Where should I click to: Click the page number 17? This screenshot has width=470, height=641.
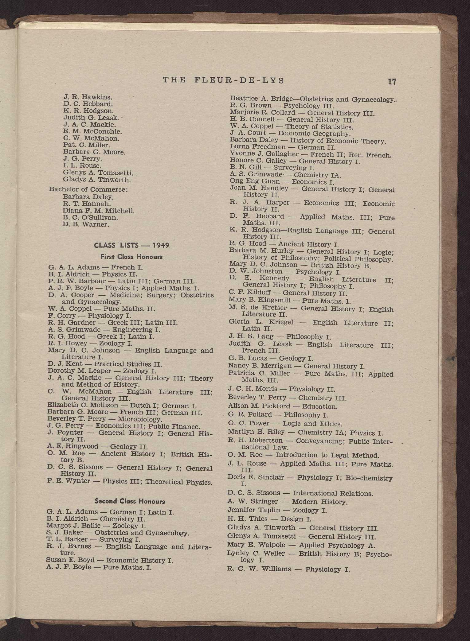coord(392,82)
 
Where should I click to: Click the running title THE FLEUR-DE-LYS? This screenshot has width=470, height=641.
coord(224,80)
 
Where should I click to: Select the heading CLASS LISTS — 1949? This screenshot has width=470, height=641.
coord(131,245)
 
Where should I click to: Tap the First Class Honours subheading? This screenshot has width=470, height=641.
coord(131,257)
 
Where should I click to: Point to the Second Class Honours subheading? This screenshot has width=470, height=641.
coord(130,501)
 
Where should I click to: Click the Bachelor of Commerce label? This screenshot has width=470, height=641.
coord(88,189)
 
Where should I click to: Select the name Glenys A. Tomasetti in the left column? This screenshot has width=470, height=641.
coord(98,173)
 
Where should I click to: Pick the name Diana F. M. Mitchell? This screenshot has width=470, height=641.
coord(98,211)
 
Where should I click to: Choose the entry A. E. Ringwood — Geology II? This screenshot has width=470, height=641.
coord(98,446)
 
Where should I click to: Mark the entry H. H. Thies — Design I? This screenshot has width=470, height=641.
coord(269,519)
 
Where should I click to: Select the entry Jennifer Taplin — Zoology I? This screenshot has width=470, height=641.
coord(277,510)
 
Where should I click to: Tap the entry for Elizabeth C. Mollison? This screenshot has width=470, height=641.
coord(122,406)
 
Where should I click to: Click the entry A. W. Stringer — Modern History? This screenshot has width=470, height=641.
coord(287,502)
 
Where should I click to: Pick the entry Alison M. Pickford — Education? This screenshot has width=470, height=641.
coord(282,406)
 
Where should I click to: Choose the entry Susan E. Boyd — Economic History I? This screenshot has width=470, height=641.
coord(109,560)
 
